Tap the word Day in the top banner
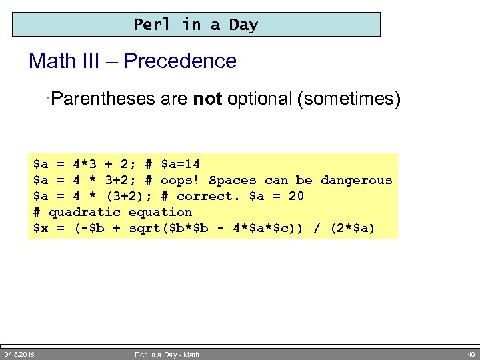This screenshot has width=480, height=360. click(x=243, y=25)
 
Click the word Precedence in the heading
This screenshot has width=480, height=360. click(x=180, y=61)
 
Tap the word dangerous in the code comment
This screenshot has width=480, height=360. click(x=356, y=180)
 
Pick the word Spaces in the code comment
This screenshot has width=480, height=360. click(x=232, y=180)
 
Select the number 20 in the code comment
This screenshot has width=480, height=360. click(x=295, y=196)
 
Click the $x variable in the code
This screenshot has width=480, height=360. click(x=41, y=229)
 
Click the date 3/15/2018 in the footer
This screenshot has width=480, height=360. click(x=19, y=353)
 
